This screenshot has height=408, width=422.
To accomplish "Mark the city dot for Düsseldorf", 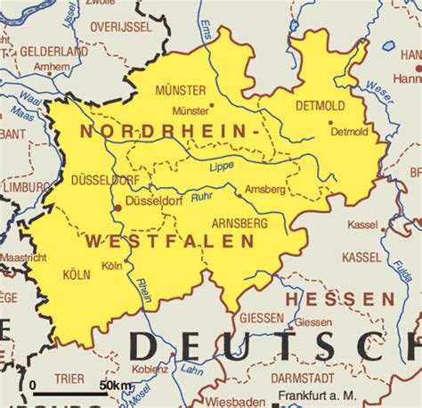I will (x=118, y=208).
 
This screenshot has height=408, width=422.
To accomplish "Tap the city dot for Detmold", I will (x=329, y=122).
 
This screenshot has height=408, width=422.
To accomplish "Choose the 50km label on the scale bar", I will (x=115, y=384).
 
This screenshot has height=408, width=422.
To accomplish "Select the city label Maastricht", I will (x=22, y=258).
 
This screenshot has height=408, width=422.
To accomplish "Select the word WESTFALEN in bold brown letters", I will (x=170, y=241).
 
